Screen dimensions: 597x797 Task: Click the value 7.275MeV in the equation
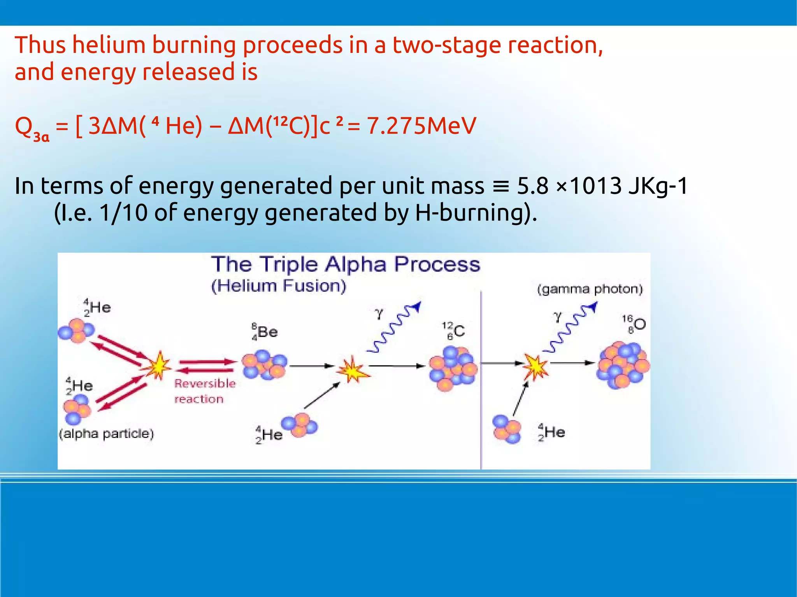421,126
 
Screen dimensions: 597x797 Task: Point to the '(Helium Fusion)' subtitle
279,286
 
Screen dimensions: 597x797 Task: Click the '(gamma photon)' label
590,289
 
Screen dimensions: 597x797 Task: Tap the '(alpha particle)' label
106,434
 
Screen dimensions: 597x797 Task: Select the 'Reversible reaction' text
205,391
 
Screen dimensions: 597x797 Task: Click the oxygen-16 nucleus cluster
623,365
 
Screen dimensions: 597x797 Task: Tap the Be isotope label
265,332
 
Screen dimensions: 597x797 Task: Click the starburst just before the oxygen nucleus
535,366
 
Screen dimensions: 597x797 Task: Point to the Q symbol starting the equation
23,126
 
